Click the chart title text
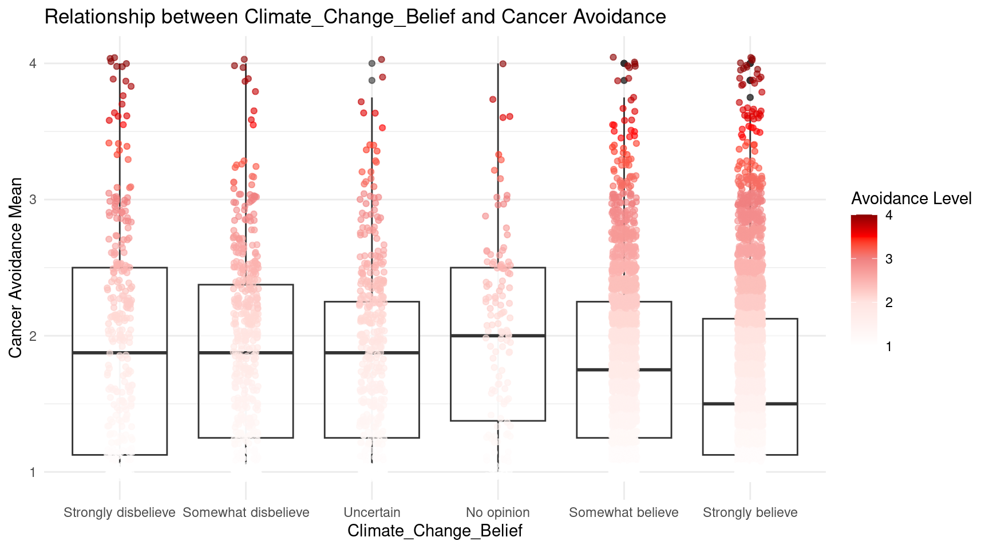(x=355, y=17)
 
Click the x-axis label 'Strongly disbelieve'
(x=120, y=512)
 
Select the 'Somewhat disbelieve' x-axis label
(x=246, y=512)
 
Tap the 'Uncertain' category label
(x=372, y=512)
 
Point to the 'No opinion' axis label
(x=498, y=512)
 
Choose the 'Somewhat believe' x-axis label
(x=624, y=512)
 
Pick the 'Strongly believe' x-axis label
(x=750, y=512)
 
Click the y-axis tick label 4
(x=33, y=63)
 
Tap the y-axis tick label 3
(x=33, y=200)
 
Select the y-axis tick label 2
(x=33, y=336)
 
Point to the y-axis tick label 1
(x=33, y=472)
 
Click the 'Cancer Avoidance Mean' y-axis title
(x=16, y=268)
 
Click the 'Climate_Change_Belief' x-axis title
(x=435, y=531)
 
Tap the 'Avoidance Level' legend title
(x=911, y=198)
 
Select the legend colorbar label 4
(x=889, y=216)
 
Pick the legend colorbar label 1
(x=889, y=347)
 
